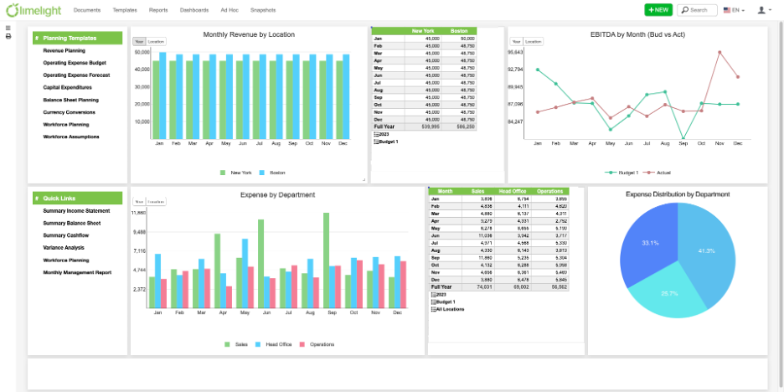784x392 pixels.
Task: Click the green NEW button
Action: (x=658, y=10)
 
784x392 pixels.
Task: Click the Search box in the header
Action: (x=697, y=10)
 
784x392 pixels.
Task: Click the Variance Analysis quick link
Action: (x=64, y=247)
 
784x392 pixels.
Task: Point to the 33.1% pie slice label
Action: (x=650, y=243)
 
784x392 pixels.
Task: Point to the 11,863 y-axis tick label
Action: (x=139, y=213)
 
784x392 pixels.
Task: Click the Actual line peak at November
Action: (x=720, y=52)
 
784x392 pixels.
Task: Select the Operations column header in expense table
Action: (x=549, y=191)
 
